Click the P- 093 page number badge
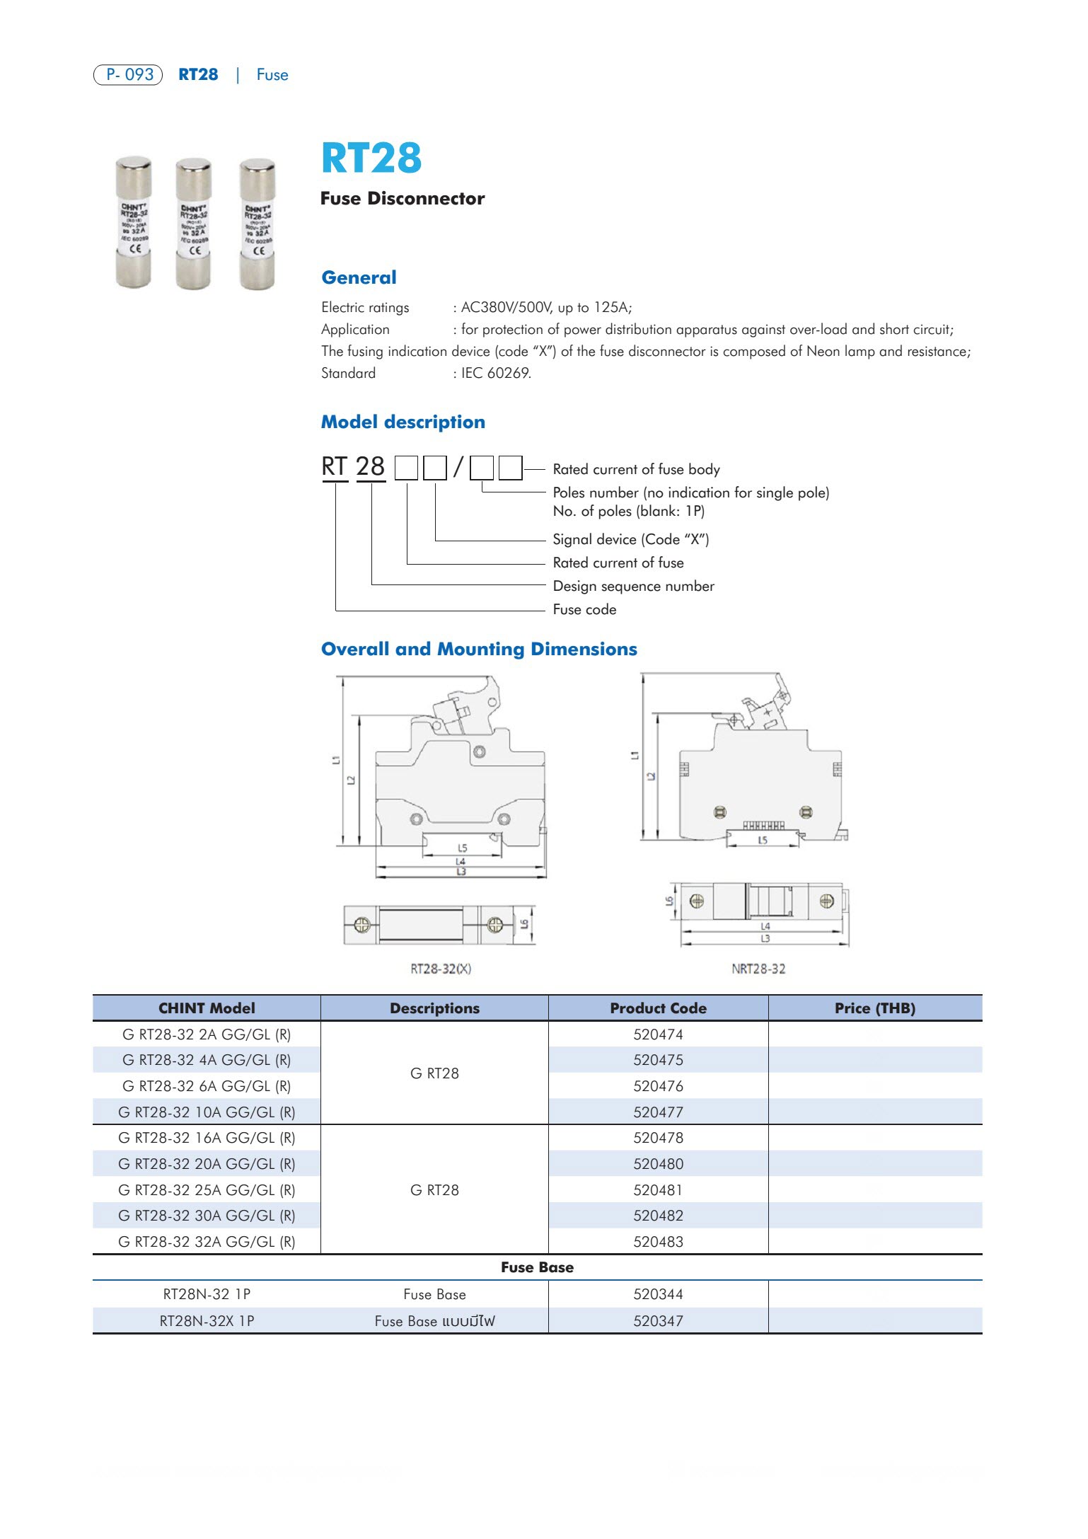[x=128, y=74]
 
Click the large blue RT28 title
[x=371, y=158]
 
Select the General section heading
[x=359, y=277]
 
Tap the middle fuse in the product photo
[x=193, y=224]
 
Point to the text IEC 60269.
[x=496, y=373]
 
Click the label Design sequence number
[x=633, y=586]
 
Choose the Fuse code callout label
[x=584, y=609]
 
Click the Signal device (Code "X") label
[x=630, y=539]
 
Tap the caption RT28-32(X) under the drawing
[x=441, y=968]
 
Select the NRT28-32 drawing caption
[x=758, y=968]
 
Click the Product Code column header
[x=658, y=1008]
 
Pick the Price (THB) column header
[x=874, y=1008]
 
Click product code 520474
[x=658, y=1034]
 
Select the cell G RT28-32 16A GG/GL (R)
[x=207, y=1138]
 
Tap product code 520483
[x=658, y=1241]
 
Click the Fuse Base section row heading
[x=537, y=1267]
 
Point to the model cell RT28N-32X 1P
[x=207, y=1320]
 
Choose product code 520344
[x=658, y=1294]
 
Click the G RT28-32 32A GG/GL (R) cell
[x=207, y=1241]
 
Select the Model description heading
[x=403, y=422]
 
